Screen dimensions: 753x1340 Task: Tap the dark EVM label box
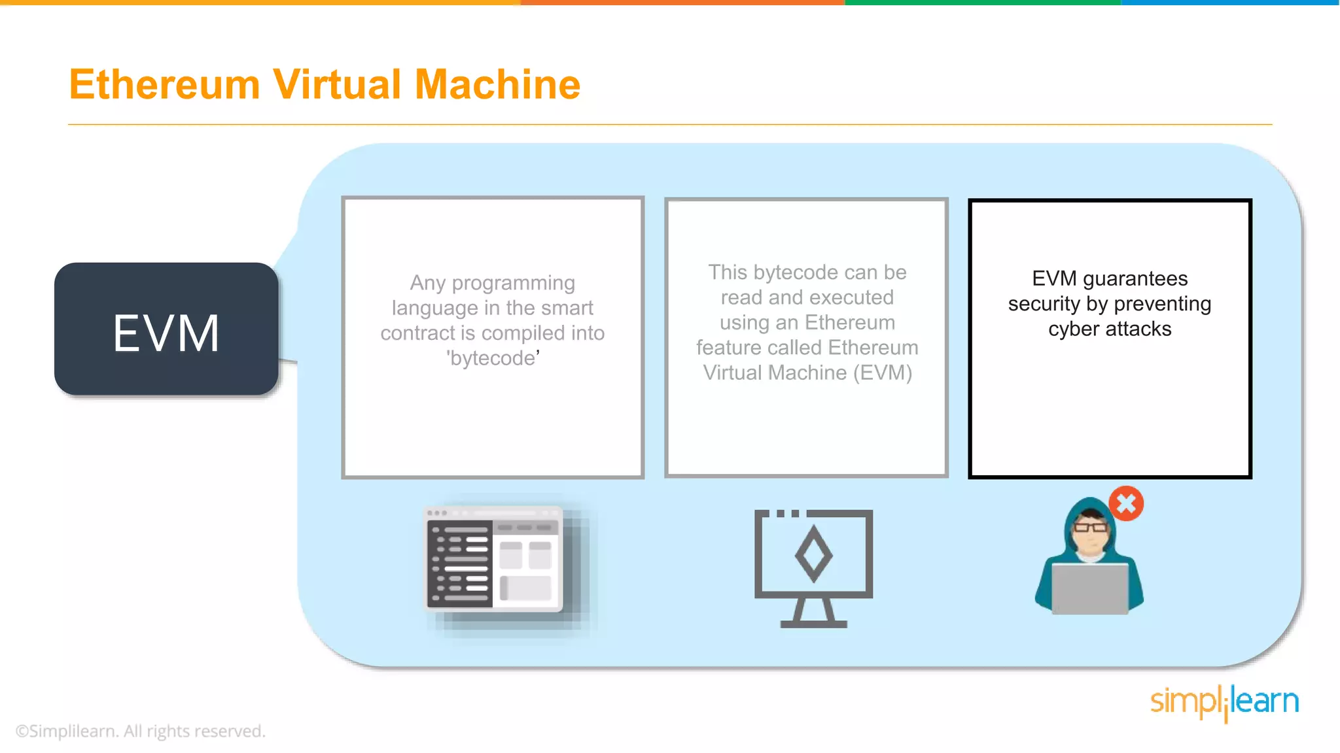166,330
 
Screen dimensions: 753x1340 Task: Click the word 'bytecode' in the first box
493,358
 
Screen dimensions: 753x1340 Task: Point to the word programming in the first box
513,283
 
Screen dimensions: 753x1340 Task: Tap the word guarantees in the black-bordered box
1135,279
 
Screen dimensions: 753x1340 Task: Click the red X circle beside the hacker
1126,503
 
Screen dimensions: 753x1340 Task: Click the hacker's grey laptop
1089,589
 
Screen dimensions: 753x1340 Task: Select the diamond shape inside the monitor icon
813,555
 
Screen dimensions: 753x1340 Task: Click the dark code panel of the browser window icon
459,564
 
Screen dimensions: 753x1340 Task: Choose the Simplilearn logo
1224,702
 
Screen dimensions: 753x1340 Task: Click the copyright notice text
141,731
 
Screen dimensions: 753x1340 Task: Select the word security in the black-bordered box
1044,304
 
